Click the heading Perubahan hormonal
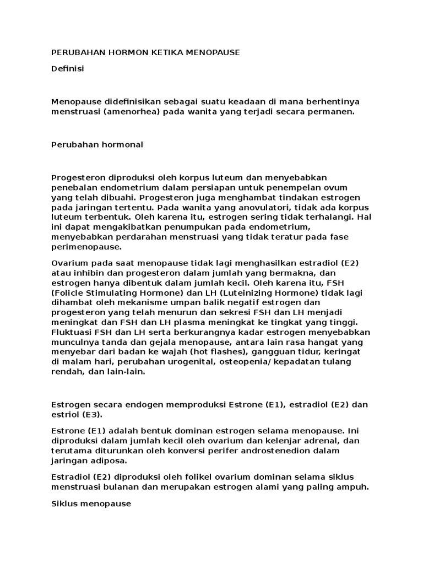click(97, 144)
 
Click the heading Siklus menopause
click(91, 503)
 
